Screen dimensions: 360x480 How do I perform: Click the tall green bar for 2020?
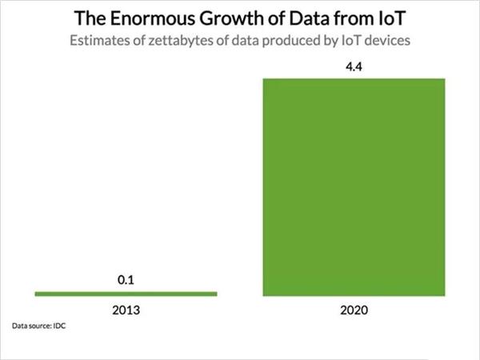[x=354, y=187]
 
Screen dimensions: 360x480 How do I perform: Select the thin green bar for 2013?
[x=126, y=294]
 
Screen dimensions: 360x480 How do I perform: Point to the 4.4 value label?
[x=354, y=67]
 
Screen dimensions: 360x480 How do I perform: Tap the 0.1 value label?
[x=126, y=280]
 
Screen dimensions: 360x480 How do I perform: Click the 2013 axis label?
[x=126, y=309]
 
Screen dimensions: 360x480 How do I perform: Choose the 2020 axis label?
[x=354, y=309]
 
